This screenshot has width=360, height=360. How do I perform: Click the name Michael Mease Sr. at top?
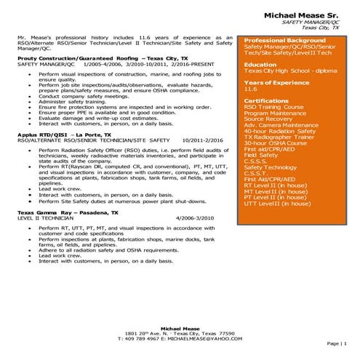[x=300, y=15]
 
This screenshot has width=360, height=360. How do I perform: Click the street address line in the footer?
[x=180, y=333]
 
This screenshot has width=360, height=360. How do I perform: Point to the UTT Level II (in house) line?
[x=277, y=204]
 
